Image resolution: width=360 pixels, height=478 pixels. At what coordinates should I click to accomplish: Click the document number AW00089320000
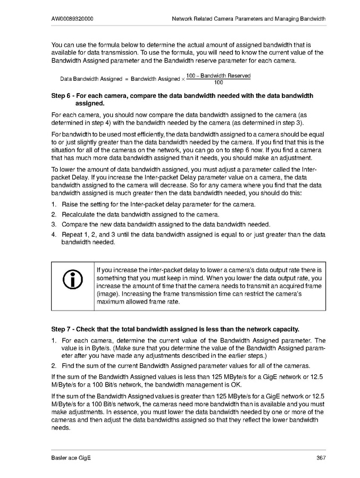coord(73,19)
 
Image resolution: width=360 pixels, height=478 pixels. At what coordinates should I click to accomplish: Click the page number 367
coord(321,458)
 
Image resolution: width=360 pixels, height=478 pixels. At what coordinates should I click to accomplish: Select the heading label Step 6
coord(62,96)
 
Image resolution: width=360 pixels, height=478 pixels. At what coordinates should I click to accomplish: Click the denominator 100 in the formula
coord(218,82)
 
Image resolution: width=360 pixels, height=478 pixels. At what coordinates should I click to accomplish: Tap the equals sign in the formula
coord(127,79)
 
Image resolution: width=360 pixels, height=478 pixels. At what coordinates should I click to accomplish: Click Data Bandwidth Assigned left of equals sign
coord(91,79)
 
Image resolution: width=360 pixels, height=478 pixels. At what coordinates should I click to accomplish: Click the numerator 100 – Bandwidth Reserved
coord(218,76)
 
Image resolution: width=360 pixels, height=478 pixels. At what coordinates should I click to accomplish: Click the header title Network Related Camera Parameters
coord(249,19)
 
